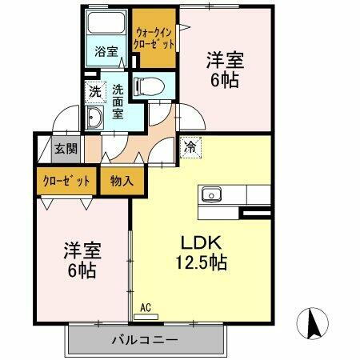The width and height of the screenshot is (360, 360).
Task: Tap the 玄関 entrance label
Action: click(65, 148)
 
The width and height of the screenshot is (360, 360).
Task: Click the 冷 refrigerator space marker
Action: click(191, 147)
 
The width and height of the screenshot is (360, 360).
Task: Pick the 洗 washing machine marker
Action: click(95, 92)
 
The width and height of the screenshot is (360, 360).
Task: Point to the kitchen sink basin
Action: click(212, 194)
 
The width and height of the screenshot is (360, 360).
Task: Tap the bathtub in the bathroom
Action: click(105, 25)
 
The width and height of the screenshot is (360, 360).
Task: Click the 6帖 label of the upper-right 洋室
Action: click(223, 80)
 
